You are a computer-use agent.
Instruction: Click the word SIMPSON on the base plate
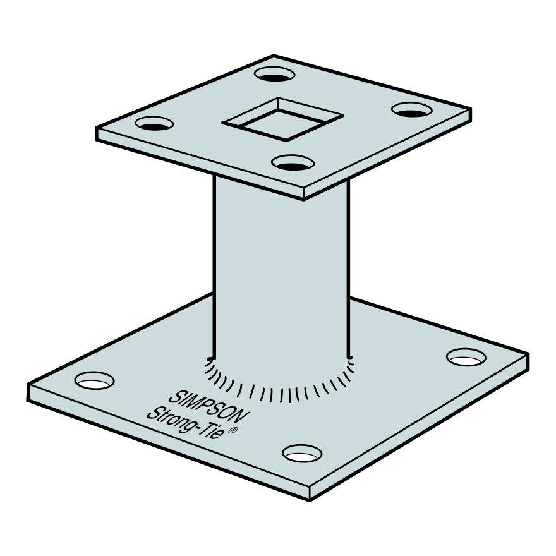(209, 407)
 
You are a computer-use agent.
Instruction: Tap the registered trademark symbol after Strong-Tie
(232, 431)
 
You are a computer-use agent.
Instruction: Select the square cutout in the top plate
(282, 119)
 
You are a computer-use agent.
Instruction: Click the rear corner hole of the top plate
(275, 74)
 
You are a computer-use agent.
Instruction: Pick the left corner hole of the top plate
(154, 123)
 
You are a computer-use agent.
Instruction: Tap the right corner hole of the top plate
(412, 109)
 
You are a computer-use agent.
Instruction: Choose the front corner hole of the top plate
(293, 163)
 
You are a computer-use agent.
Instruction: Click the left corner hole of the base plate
(94, 380)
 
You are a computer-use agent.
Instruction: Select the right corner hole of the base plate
(466, 357)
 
